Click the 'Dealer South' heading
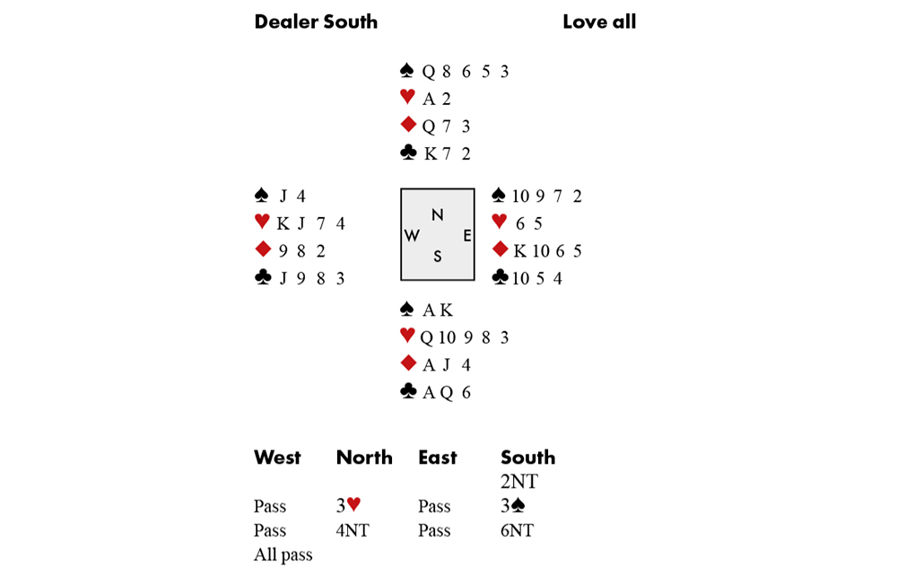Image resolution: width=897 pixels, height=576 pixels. click(316, 22)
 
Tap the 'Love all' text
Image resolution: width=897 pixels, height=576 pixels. click(599, 22)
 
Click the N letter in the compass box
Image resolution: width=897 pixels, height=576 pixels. click(437, 215)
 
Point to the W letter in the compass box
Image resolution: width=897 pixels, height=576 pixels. click(412, 235)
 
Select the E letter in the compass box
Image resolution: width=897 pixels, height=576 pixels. click(466, 235)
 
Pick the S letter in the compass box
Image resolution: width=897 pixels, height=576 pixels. click(437, 257)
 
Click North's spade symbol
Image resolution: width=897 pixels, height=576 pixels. click(406, 70)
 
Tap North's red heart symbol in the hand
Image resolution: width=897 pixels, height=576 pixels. click(407, 96)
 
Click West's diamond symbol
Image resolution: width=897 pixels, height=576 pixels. click(263, 249)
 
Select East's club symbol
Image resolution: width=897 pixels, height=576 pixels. click(500, 277)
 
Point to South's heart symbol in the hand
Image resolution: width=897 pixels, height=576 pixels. click(407, 335)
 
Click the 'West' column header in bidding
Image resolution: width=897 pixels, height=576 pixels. click(277, 457)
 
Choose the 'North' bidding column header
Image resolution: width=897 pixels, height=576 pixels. click(364, 457)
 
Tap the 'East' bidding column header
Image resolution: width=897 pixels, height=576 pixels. click(438, 457)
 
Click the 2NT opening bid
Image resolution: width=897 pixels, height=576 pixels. click(518, 482)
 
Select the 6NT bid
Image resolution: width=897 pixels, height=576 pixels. click(518, 530)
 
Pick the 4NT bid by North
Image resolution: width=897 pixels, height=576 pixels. click(353, 530)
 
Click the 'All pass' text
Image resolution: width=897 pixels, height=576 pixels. click(283, 554)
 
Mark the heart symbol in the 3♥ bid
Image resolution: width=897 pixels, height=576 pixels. click(353, 504)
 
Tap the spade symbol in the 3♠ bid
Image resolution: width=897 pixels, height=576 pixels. click(518, 504)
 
